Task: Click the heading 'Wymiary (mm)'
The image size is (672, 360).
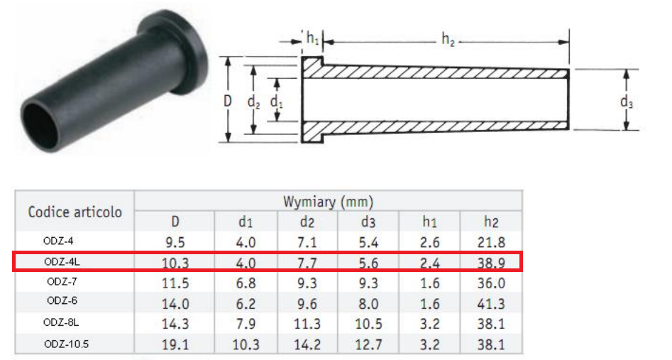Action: click(329, 202)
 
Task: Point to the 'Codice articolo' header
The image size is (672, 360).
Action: click(75, 212)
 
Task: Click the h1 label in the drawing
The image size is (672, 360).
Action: click(312, 38)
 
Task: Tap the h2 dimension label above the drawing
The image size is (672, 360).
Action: click(448, 40)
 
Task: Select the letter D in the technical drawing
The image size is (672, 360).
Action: click(228, 101)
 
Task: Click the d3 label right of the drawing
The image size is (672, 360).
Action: click(626, 102)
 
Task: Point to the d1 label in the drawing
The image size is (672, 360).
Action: click(277, 103)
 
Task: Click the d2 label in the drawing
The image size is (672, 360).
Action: click(253, 102)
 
